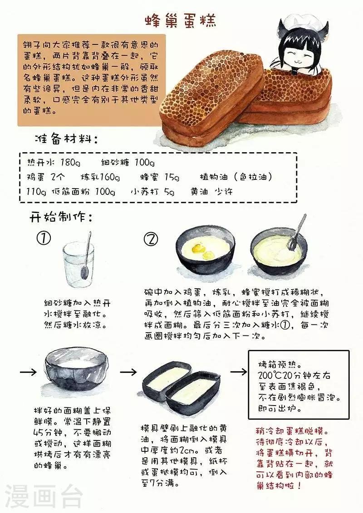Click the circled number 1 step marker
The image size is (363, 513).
pos(44,238)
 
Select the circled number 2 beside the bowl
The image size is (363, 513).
pos(151,239)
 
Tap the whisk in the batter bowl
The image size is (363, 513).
pos(296,233)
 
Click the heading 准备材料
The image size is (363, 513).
pos(66,140)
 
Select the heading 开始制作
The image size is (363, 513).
pos(61,217)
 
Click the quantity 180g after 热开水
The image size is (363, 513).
pos(70,162)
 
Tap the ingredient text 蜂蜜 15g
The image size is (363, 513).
pos(160,177)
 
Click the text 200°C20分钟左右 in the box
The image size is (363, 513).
pos(294,375)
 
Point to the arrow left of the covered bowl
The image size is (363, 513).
pos(29,373)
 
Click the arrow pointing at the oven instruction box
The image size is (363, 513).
pos(239,372)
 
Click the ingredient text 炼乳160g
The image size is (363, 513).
pos(100,177)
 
